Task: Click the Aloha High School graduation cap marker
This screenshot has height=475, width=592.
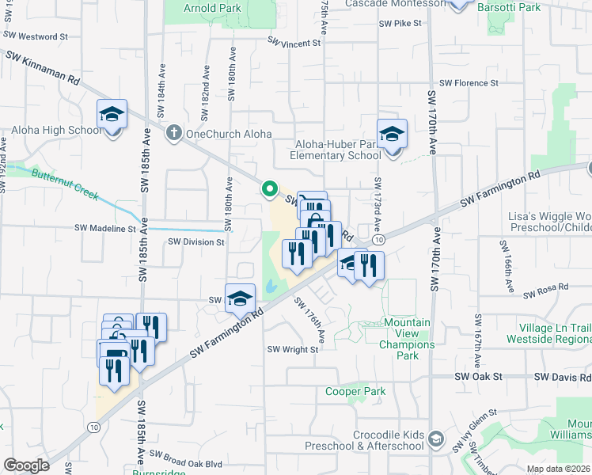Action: [112, 115]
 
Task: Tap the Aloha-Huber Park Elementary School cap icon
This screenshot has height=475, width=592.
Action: [391, 134]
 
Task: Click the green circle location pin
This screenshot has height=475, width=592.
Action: [269, 189]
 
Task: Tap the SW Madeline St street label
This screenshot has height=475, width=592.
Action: [105, 228]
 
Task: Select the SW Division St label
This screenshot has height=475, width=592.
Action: [196, 241]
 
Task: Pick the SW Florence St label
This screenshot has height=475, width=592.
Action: [469, 82]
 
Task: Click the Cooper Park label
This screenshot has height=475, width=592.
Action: [355, 391]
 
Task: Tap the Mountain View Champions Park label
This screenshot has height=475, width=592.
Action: [407, 333]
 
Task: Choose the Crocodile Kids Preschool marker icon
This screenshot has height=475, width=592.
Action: [436, 438]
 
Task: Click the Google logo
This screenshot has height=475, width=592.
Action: [27, 465]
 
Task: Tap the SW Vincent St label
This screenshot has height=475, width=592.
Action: [294, 42]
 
